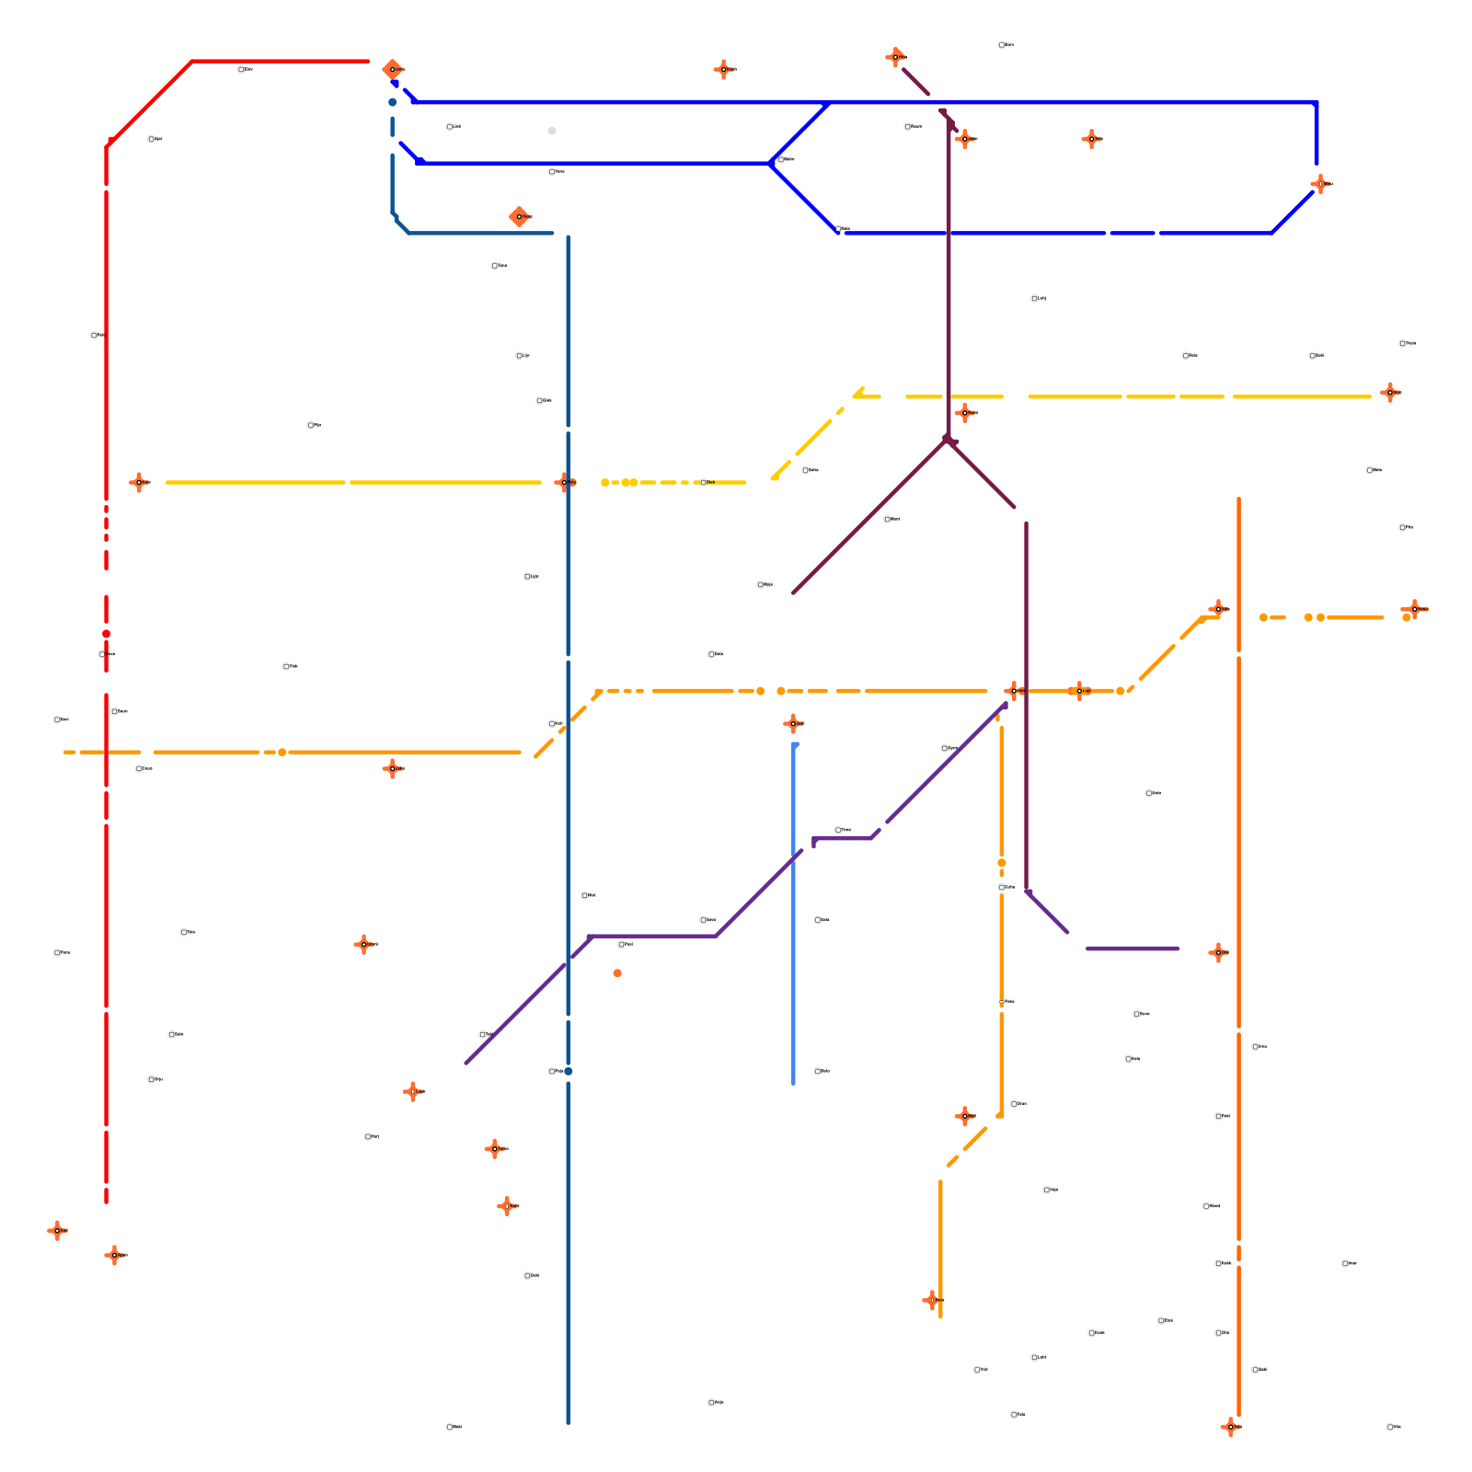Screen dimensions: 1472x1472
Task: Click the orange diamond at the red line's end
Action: click(392, 69)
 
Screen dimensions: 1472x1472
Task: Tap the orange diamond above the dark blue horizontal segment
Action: click(519, 217)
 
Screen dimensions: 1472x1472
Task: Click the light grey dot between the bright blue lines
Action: click(552, 131)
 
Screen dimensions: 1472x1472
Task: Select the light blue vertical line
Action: click(794, 920)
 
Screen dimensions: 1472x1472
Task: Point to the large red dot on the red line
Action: click(106, 634)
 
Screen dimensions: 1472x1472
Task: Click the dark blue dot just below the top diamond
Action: click(392, 102)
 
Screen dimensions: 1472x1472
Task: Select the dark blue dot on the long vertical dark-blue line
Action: click(569, 1071)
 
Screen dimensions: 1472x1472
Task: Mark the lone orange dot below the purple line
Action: click(617, 973)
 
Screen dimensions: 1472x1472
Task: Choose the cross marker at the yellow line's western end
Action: click(139, 482)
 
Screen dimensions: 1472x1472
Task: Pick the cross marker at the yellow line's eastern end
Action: click(1389, 393)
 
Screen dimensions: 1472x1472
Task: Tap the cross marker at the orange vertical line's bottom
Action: click(1230, 1427)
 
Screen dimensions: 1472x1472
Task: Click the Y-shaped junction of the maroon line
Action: click(947, 441)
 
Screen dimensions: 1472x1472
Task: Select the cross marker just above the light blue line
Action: click(793, 724)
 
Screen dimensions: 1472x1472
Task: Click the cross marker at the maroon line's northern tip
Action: click(895, 57)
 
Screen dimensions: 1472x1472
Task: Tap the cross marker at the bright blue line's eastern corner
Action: click(1321, 184)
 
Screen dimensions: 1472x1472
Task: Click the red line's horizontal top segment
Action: click(276, 62)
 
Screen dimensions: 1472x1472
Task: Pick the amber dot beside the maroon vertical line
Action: click(1002, 863)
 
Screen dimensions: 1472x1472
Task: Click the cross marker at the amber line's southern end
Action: click(931, 1300)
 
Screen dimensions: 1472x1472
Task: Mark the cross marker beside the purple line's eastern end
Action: click(1218, 952)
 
